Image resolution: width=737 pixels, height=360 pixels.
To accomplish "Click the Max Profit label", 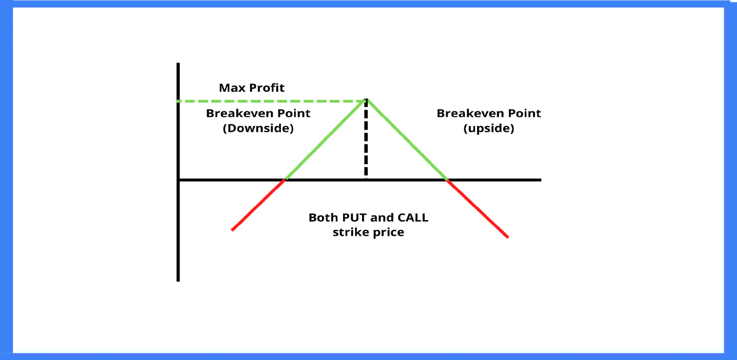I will click(x=251, y=88).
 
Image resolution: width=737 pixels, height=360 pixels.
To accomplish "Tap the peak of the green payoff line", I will click(x=366, y=100).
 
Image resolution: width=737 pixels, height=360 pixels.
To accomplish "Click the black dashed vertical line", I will click(x=366, y=139).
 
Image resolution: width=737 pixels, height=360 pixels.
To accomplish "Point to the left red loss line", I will click(x=258, y=205).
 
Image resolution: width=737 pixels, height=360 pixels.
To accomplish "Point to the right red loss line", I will click(x=478, y=208).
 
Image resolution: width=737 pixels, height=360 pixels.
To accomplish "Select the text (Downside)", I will click(x=258, y=128).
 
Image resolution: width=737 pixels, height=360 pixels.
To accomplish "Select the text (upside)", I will click(x=489, y=128).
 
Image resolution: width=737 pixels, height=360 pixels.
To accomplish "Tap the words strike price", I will click(x=368, y=232).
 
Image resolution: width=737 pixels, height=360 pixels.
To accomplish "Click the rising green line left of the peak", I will click(x=325, y=140).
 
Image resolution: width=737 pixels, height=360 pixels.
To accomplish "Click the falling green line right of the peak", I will click(x=406, y=140).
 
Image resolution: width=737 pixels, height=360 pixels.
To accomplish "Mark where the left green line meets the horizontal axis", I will click(x=284, y=180).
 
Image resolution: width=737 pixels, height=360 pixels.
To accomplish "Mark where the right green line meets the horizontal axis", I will click(x=447, y=180).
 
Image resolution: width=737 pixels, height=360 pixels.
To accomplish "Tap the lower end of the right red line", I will click(x=507, y=237).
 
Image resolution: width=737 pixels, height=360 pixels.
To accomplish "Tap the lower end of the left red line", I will click(x=232, y=230).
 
